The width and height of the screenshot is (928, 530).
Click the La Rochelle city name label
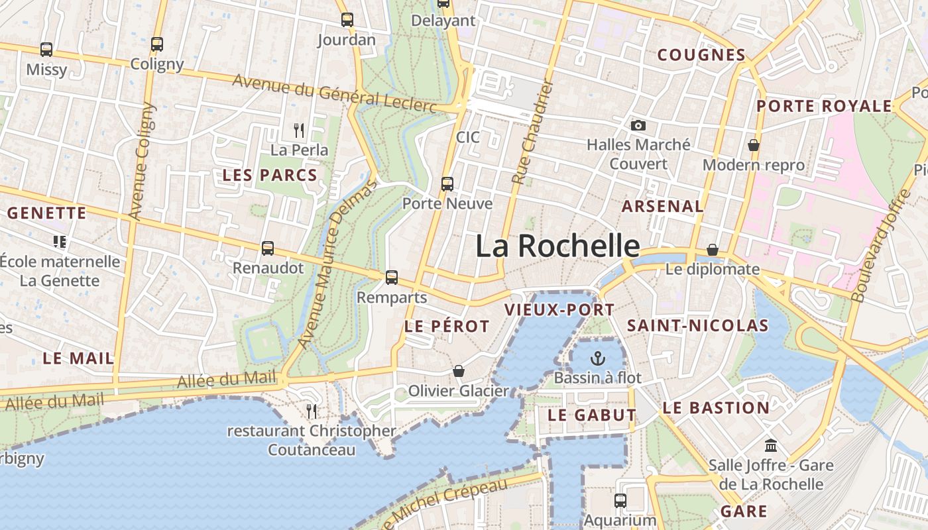coord(557,246)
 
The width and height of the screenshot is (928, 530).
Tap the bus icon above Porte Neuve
coord(447,184)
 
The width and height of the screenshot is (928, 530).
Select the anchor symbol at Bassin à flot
coord(598,358)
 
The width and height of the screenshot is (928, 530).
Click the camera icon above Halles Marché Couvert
coord(638,125)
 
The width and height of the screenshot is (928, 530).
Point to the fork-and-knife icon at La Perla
coord(299,130)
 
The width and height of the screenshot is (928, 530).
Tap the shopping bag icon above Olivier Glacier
coord(458,370)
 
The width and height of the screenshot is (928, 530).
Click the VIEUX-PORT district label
coord(559,309)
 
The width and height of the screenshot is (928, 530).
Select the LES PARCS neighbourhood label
coord(270,176)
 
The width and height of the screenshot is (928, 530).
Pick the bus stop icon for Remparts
coord(392,277)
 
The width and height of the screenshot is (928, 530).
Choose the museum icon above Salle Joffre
coord(771,445)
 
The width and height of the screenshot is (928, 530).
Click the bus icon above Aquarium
coord(620,500)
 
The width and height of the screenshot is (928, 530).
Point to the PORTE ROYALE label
coord(824,106)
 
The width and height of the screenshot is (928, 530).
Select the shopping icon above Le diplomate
coord(713,250)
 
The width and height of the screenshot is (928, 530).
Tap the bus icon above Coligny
coord(157,44)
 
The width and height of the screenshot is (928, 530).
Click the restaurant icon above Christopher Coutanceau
coord(312,411)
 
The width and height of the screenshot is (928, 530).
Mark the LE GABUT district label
coord(592,415)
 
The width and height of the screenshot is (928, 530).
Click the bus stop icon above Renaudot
coord(268,248)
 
